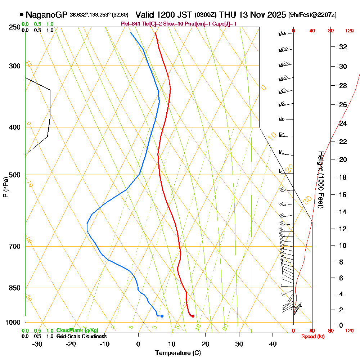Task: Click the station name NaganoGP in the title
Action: (46, 15)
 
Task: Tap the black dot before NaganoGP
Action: (22, 15)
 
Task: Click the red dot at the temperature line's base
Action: (193, 316)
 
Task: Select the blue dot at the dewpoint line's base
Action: (162, 316)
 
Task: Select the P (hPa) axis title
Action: (5, 187)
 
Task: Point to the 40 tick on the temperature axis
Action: (273, 344)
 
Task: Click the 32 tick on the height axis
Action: (343, 47)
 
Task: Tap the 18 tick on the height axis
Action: (343, 177)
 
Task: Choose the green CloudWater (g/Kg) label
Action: (77, 330)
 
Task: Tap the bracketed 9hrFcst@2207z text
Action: (312, 15)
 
